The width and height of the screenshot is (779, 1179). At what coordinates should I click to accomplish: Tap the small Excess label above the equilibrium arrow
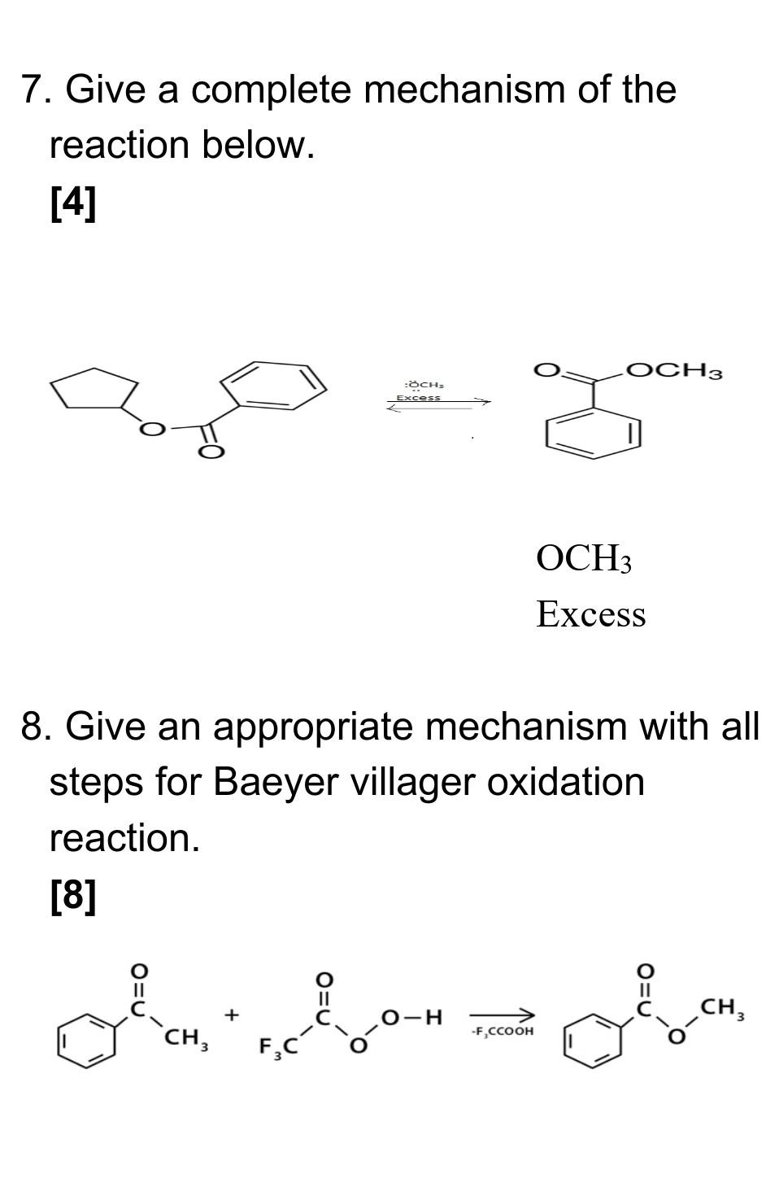coord(418,398)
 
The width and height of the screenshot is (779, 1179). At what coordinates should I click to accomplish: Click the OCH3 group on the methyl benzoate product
coord(674,371)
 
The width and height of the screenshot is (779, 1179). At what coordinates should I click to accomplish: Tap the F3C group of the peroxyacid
coord(276,1046)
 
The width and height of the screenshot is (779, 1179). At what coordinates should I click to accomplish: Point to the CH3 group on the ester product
coord(723,1009)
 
